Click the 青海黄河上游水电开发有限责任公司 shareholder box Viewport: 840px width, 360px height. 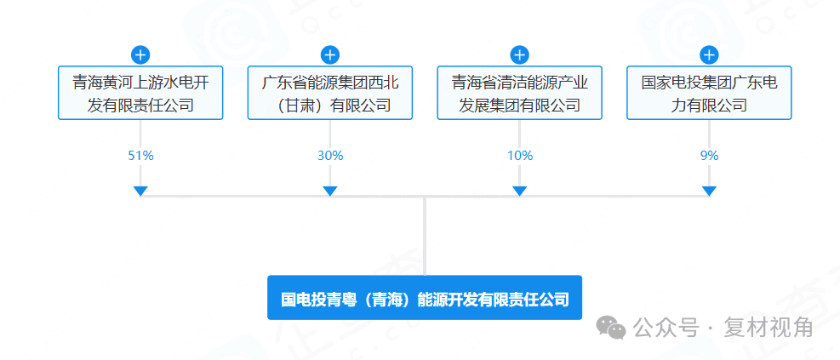[140, 94]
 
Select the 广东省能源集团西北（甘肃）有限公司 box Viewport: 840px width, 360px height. [330, 94]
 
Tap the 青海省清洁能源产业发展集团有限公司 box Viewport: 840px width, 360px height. [520, 94]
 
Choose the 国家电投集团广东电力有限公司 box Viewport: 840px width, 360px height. [709, 94]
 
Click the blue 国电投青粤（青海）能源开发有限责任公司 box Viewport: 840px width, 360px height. [425, 299]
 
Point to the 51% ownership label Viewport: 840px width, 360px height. [140, 156]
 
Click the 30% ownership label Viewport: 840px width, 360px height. [330, 156]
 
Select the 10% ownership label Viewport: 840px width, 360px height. [520, 156]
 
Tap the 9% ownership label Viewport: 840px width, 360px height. [710, 156]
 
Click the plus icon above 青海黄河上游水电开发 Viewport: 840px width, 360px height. [140, 55]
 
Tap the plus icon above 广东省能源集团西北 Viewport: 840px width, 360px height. [330, 55]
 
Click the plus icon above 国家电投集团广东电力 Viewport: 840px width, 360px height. [709, 55]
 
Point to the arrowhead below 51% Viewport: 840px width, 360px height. [140, 191]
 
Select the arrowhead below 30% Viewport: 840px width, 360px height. [330, 191]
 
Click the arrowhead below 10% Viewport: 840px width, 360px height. [520, 191]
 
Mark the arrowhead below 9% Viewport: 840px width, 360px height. [710, 191]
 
